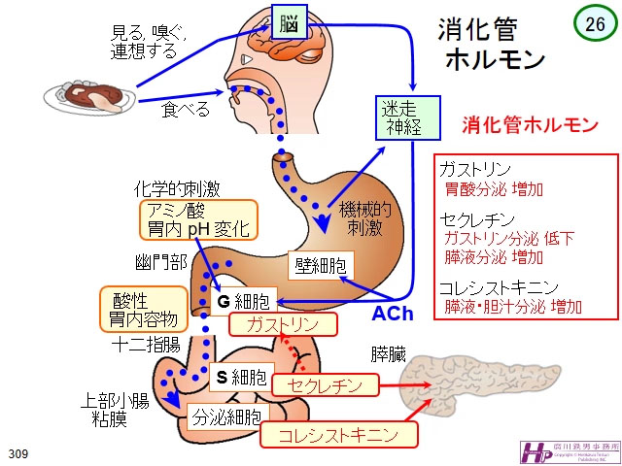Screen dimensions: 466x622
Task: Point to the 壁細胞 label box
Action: click(x=319, y=264)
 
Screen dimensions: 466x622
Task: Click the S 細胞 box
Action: click(x=240, y=377)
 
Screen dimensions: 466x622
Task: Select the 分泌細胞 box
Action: click(x=225, y=418)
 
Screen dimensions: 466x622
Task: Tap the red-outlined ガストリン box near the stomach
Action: click(x=282, y=324)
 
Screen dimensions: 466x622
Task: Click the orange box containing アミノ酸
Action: click(x=197, y=220)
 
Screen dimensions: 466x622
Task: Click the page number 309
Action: click(x=17, y=454)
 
